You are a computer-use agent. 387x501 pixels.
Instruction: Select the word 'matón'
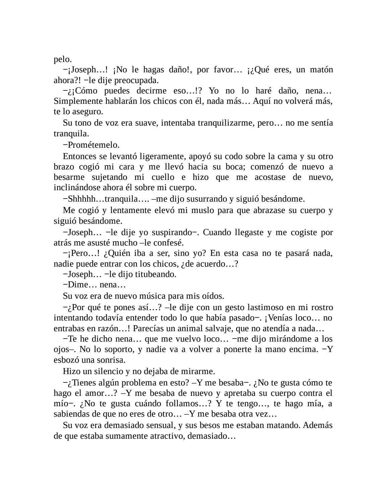(x=322, y=70)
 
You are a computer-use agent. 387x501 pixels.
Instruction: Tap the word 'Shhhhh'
(x=81, y=199)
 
